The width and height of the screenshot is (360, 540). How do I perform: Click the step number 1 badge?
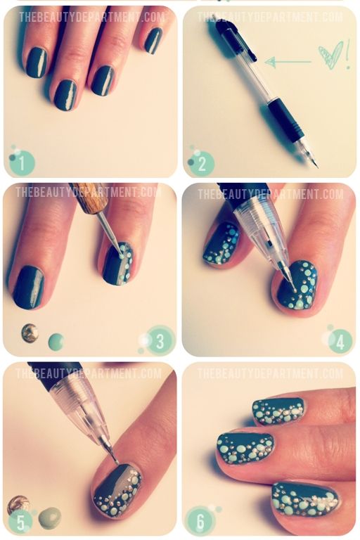tap(22, 163)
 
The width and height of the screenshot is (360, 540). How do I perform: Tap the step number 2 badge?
tap(202, 164)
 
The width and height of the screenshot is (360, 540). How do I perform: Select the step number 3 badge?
tap(159, 340)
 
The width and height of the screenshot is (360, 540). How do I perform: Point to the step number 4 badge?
tap(340, 342)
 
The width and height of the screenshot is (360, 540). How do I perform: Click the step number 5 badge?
tap(20, 522)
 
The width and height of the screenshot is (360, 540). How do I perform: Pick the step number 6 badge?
tap(200, 521)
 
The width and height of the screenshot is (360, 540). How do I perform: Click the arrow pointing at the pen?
tap(288, 62)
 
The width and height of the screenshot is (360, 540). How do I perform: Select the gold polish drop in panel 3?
tap(30, 333)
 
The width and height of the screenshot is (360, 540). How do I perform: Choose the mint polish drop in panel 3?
tap(56, 342)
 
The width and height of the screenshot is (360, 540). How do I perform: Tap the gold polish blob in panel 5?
tap(19, 505)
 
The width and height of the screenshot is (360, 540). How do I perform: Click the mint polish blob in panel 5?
tap(50, 518)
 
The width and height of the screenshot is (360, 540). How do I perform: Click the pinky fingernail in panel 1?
tap(153, 40)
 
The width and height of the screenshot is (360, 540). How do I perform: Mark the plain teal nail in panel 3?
tap(29, 287)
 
